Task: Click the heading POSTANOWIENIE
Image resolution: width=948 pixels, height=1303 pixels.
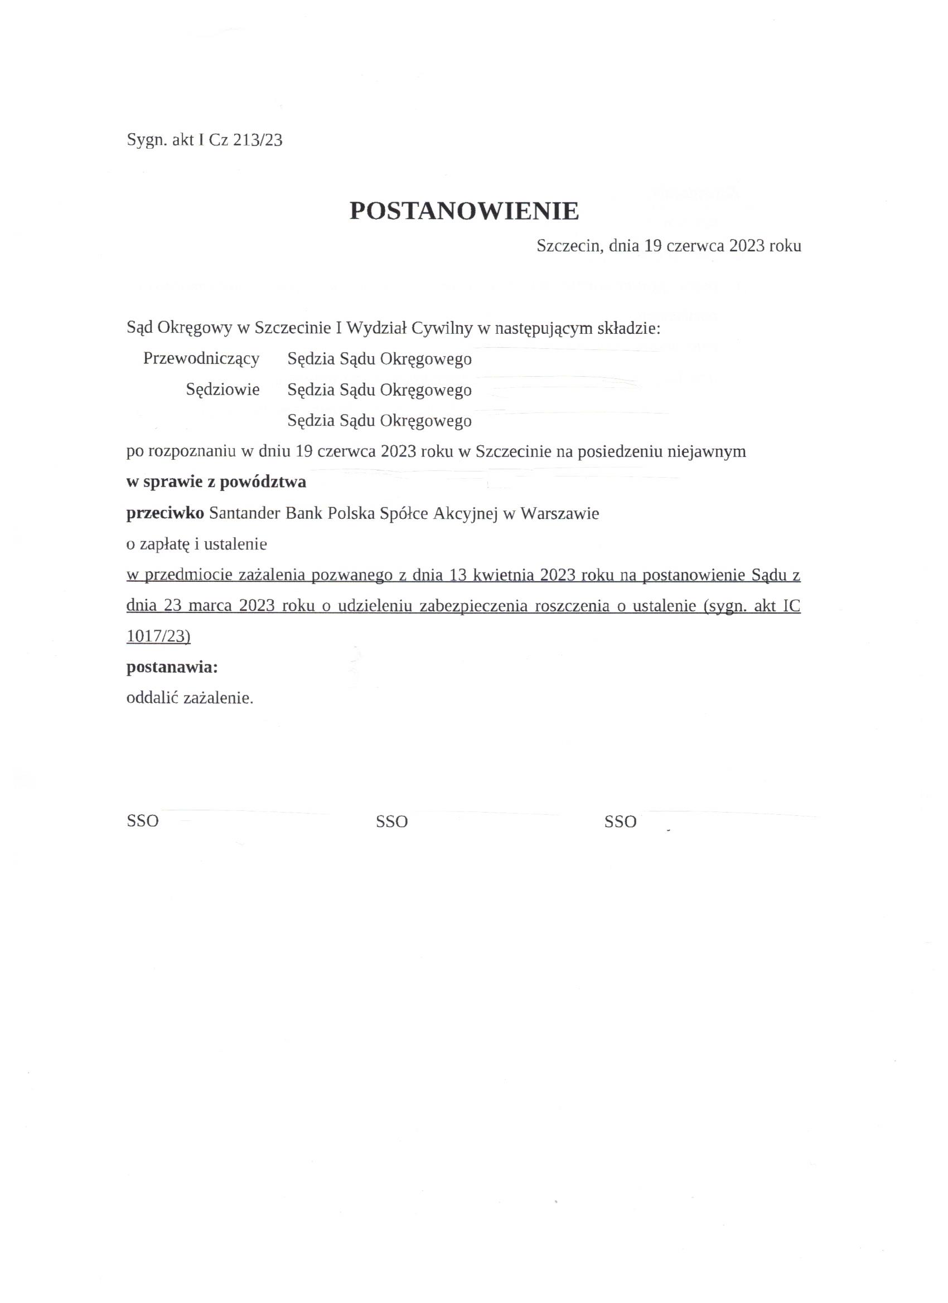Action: coord(464,211)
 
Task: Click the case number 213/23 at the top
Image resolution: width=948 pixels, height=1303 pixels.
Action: coord(258,141)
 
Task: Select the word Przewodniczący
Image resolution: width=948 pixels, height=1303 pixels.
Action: coord(201,359)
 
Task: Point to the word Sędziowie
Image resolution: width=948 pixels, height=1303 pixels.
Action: coord(223,390)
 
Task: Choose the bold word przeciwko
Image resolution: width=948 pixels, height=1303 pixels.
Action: coord(165,513)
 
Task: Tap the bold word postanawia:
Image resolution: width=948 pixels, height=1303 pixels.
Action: coord(172,668)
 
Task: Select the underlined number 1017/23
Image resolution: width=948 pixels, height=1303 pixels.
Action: coord(159,636)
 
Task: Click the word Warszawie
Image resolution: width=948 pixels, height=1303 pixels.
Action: coord(559,513)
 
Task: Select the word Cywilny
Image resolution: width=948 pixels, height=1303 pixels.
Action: coord(442,328)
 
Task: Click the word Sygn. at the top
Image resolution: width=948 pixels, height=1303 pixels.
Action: coord(146,141)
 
